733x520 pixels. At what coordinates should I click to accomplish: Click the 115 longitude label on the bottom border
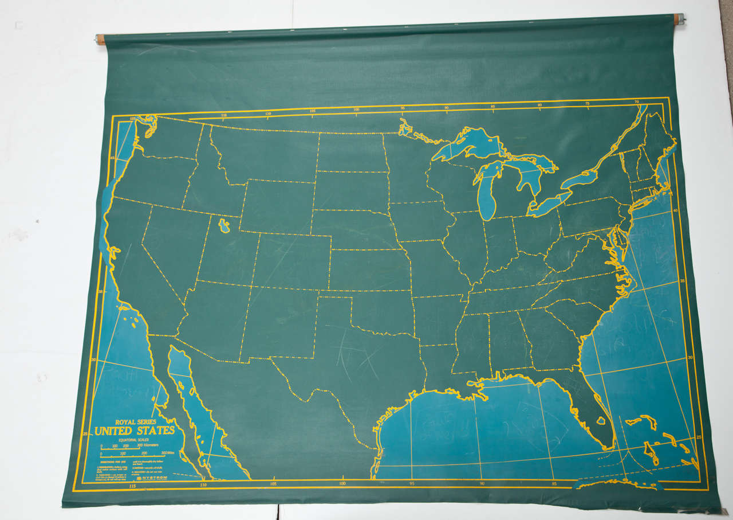pyautogui.click(x=133, y=486)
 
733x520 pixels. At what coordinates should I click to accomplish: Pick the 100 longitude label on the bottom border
pyautogui.click(x=342, y=483)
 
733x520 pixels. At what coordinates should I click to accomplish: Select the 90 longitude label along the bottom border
pyautogui.click(x=482, y=483)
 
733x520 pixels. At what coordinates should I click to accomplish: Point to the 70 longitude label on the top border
pyautogui.click(x=637, y=101)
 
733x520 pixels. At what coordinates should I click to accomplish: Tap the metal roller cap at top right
pyautogui.click(x=680, y=19)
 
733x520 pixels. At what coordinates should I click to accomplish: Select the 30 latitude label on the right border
pyautogui.click(x=690, y=357)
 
